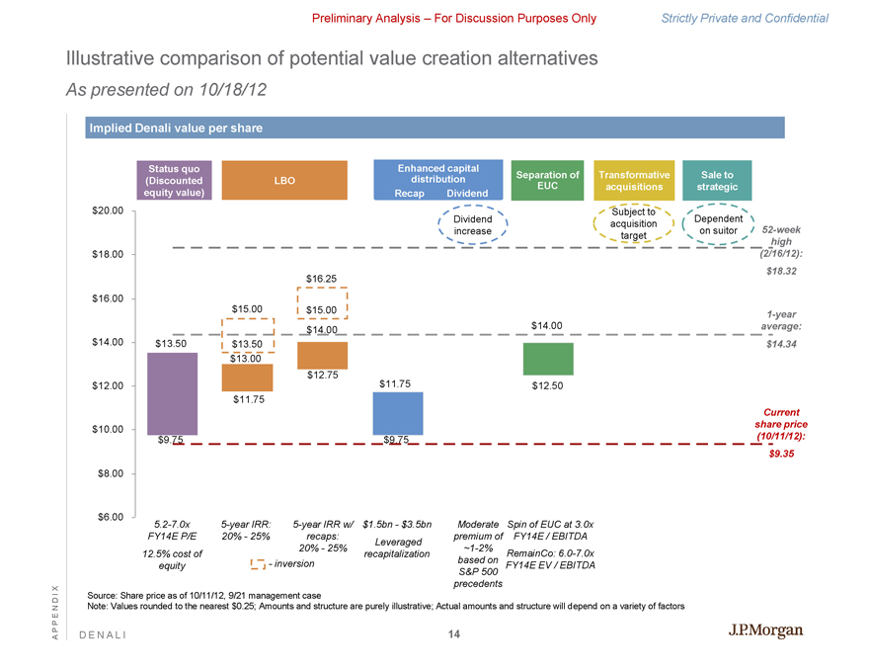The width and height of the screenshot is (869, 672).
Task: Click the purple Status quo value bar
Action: (x=172, y=393)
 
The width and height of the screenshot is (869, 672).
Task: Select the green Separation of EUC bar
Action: (x=547, y=359)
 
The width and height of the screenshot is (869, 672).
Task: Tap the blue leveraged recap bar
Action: (x=398, y=413)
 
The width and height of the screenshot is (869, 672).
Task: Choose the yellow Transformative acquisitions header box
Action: (x=634, y=180)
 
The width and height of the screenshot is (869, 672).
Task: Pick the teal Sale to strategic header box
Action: (x=717, y=180)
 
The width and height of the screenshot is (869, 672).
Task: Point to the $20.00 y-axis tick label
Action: (x=105, y=210)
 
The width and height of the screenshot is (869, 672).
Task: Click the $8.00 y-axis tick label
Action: (x=108, y=473)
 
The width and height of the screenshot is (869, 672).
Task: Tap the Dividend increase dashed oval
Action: (x=472, y=224)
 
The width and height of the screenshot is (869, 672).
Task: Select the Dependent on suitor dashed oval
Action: (x=718, y=224)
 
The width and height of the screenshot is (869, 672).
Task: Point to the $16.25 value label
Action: (x=323, y=279)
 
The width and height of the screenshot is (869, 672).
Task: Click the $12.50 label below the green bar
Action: (x=547, y=385)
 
